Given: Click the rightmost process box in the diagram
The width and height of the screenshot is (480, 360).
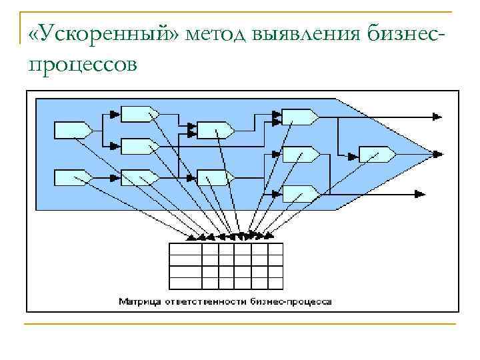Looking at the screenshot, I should tap(377, 154).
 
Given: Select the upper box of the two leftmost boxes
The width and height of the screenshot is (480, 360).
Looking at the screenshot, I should tap(72, 129).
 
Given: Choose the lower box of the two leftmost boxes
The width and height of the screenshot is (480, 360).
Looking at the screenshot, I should tap(72, 177).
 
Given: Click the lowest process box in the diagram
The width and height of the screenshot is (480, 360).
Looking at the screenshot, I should tap(300, 193).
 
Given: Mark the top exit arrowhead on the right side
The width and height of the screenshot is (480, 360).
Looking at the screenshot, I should tap(437, 117).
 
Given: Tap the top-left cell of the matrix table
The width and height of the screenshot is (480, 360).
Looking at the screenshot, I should tap(185, 249).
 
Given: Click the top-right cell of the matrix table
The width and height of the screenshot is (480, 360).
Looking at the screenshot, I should tap(276, 249).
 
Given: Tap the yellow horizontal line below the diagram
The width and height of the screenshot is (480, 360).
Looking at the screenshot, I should tap(240, 324).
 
